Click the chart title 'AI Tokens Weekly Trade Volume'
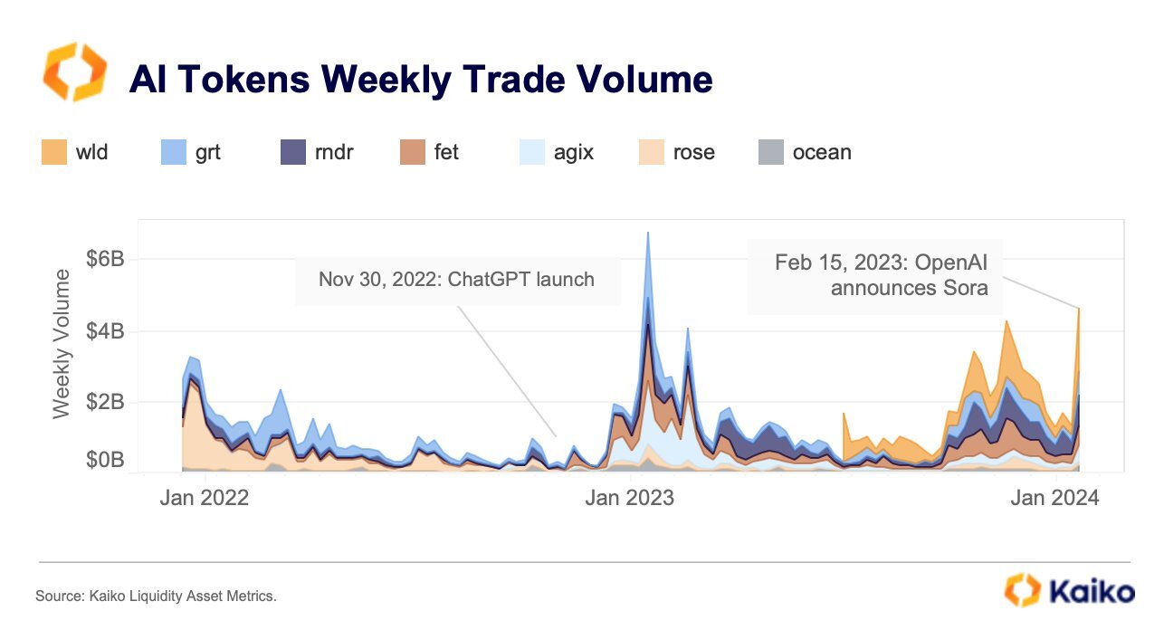pos(420,80)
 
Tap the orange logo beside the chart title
pos(74,72)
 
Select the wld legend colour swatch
pos(53,152)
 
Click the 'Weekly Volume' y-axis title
pos(62,343)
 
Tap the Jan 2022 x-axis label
pos(204,498)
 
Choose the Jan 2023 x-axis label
pos(629,498)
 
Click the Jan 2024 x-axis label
pos(1054,498)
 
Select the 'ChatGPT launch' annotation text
pos(456,279)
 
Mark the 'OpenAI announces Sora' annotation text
pos(880,275)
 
